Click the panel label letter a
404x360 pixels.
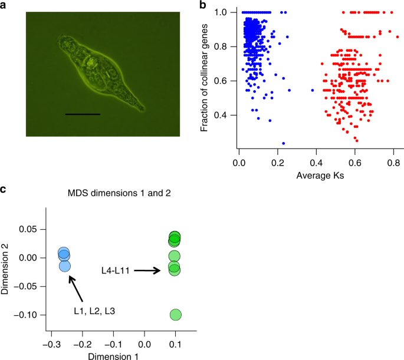click(x=4, y=5)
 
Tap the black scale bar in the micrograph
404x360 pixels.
click(x=83, y=114)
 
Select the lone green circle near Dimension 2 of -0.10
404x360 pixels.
click(x=176, y=315)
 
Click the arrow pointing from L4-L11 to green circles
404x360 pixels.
click(x=150, y=270)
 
